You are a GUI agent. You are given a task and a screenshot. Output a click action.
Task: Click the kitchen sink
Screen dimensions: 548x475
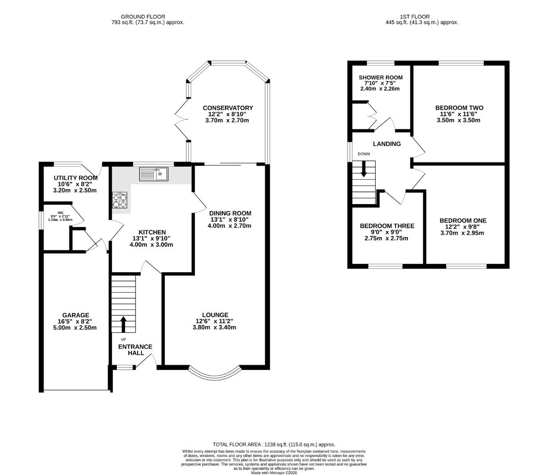coord(154,174)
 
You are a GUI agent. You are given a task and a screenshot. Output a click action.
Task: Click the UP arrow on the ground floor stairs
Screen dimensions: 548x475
coord(123,324)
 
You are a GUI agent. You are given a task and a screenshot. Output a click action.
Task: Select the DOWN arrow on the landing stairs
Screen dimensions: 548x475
coord(364,169)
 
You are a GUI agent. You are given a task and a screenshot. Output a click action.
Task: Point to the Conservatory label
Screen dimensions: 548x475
coord(228,108)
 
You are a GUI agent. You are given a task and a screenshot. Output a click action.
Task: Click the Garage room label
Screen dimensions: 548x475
coord(76,315)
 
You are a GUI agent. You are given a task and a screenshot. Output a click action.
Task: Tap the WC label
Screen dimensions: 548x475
coord(61,212)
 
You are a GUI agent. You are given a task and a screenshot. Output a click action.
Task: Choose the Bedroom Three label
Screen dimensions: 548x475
coord(387,226)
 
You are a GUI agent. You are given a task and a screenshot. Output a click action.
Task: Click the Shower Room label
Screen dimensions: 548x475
coord(381,77)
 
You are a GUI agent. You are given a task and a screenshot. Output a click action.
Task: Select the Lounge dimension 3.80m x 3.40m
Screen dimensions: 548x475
coord(214,328)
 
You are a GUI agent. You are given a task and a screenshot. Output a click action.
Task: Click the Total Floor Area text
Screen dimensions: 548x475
coord(274,445)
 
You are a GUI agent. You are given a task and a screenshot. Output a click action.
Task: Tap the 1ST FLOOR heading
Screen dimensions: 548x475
coord(415,17)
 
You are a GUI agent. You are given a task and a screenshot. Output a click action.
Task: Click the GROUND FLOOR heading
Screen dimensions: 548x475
coord(143,17)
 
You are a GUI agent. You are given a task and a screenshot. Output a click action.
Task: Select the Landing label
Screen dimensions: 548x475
coord(387,144)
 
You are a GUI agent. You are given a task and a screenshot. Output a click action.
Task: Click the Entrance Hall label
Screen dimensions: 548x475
coord(135,350)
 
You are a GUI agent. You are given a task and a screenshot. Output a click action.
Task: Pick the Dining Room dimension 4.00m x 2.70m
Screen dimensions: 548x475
coord(229,226)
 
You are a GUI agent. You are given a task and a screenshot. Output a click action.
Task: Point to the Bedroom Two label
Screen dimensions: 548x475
coord(459,108)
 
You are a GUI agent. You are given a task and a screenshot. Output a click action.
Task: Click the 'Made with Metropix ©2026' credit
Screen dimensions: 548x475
coord(274,473)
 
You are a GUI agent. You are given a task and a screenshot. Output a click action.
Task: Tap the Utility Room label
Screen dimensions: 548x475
coord(76,178)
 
